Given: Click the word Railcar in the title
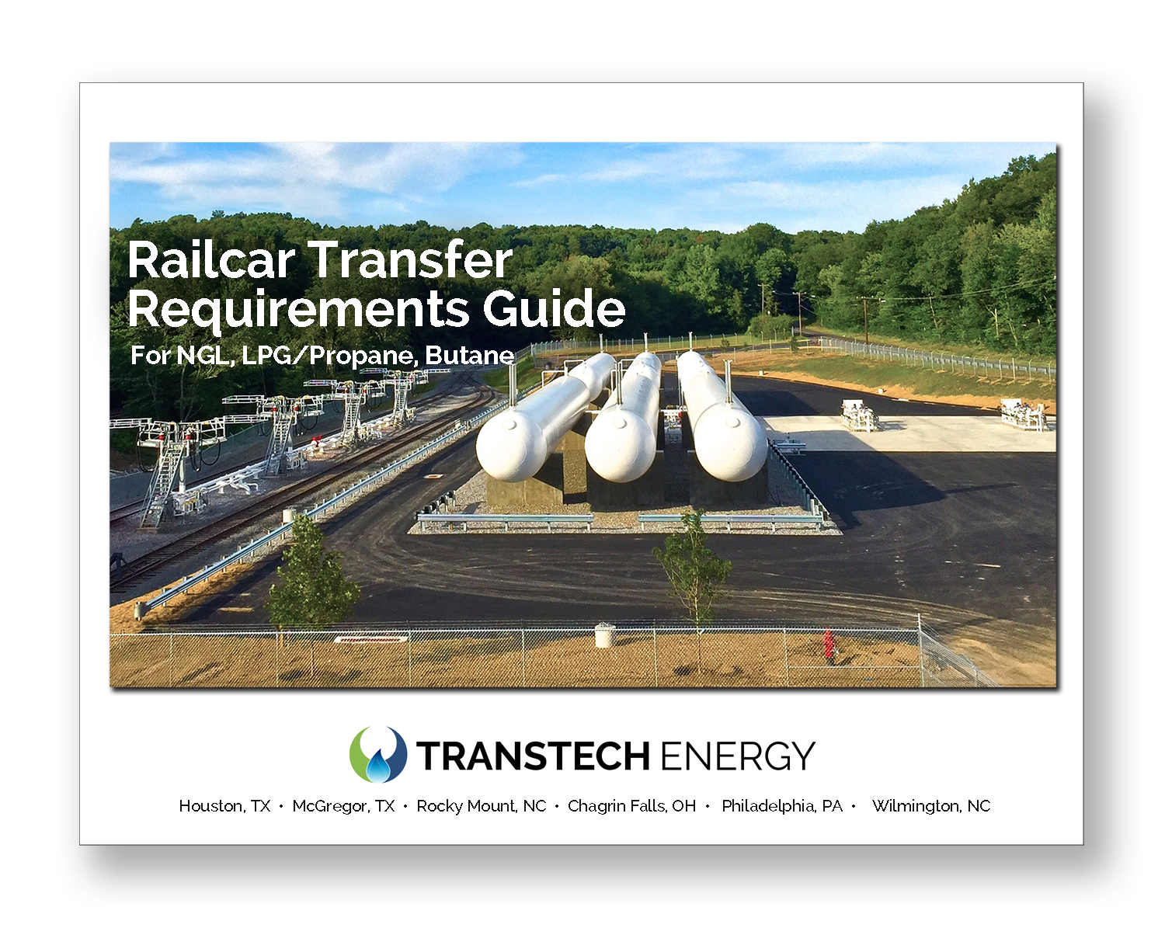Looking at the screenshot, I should click(212, 260).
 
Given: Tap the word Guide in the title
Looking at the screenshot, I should click(555, 309).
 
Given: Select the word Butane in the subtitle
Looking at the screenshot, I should click(469, 356).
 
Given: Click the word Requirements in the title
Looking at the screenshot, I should click(298, 309).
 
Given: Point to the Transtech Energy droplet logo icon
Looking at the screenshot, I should click(378, 754).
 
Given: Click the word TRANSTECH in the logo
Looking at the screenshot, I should click(533, 756).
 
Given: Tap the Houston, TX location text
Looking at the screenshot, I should click(224, 806).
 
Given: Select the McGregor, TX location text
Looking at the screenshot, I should click(343, 806).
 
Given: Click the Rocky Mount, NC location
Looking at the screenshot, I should click(482, 806).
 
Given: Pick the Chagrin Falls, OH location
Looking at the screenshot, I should click(631, 806).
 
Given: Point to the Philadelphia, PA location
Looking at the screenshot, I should click(782, 806).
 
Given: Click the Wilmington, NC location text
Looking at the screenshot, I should click(931, 806).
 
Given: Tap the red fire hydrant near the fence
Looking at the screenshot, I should click(829, 645).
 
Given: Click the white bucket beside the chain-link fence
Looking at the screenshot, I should click(604, 635).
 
